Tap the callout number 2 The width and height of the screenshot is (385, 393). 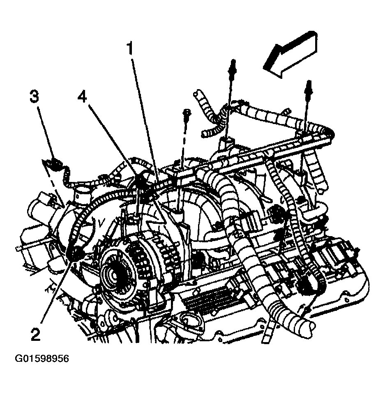click(x=36, y=335)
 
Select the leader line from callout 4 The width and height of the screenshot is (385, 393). click(x=111, y=140)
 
